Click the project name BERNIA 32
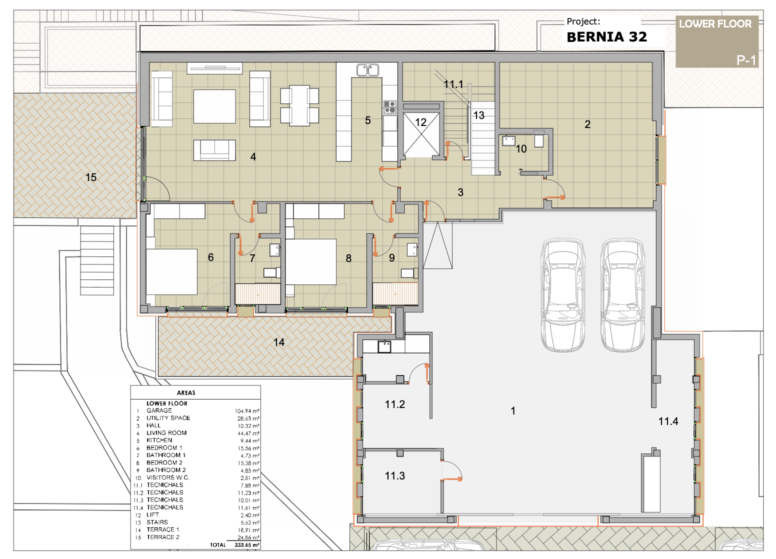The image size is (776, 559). coord(606,37)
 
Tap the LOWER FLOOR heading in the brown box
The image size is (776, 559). coord(715,24)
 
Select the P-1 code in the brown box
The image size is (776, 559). coord(746,60)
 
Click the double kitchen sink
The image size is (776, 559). coord(367,70)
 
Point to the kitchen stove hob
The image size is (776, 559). coord(389,107)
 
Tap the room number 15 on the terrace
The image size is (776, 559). coord(91,177)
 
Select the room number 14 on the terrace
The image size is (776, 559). coord(279,342)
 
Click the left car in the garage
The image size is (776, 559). coord(563,295)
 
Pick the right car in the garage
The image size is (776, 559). coord(622,295)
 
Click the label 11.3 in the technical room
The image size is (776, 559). coord(395,476)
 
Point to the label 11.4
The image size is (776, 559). coord(668,421)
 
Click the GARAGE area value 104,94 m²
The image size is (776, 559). coord(247,411)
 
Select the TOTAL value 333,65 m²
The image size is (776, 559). coord(247,545)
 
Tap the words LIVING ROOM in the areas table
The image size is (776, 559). coord(166,433)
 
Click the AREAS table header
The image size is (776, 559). coord(186,393)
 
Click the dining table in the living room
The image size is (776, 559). coord(299,105)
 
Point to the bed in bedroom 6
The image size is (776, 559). coord(172,272)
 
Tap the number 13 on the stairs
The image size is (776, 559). coord(479,115)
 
